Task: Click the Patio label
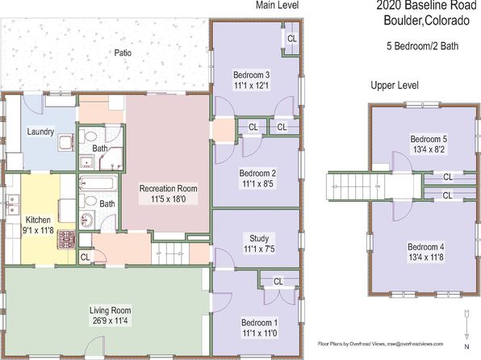click(123, 52)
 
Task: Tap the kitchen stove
click(66, 240)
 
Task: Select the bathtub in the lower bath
click(98, 184)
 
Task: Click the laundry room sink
click(66, 142)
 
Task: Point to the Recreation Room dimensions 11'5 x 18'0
click(168, 199)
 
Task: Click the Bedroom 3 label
click(252, 75)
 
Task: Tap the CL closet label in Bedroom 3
click(291, 39)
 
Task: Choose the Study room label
click(259, 238)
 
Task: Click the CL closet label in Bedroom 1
click(278, 282)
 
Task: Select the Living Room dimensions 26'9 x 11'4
click(111, 321)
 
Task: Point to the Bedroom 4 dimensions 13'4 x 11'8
click(426, 257)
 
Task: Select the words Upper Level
click(395, 86)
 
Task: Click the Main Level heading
click(278, 5)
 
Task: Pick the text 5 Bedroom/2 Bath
click(422, 46)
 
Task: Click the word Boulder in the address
click(403, 20)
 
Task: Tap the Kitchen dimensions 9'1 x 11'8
click(37, 230)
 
